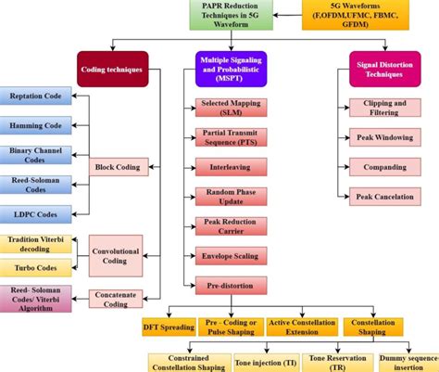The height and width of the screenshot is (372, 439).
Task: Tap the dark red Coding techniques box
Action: (113, 69)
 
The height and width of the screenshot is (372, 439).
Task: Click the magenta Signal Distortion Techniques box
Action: (377, 69)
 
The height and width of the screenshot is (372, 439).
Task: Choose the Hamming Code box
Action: (37, 125)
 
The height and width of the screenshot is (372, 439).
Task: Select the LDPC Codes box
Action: (37, 214)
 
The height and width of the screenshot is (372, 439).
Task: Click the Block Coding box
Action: (117, 168)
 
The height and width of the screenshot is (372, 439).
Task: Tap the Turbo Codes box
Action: (37, 268)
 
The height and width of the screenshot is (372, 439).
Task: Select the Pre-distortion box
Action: (231, 283)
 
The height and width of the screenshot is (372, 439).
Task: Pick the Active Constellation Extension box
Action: (302, 326)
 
